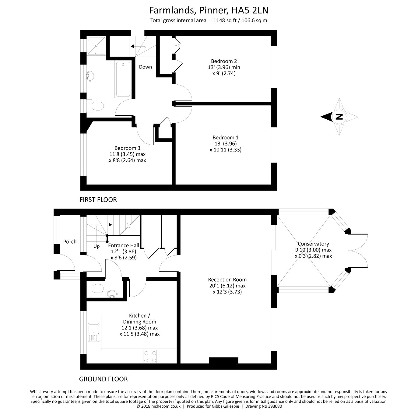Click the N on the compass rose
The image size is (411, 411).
click(x=339, y=117)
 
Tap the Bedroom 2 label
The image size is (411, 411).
click(x=224, y=61)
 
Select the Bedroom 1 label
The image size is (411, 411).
click(x=226, y=137)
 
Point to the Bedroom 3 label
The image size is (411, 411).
click(x=127, y=148)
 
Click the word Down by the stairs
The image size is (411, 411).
click(x=146, y=67)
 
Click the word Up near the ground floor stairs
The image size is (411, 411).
click(x=97, y=246)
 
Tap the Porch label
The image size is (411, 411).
click(x=70, y=241)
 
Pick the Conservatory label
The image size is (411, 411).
click(x=313, y=244)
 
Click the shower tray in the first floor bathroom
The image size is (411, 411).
click(x=96, y=46)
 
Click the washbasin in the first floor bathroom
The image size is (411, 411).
click(x=90, y=76)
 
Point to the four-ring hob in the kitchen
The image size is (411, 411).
click(x=150, y=357)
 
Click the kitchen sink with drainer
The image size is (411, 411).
click(x=94, y=332)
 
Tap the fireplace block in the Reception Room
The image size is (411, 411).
click(x=223, y=360)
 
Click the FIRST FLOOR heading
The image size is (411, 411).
click(x=98, y=200)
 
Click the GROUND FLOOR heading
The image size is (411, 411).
click(x=104, y=379)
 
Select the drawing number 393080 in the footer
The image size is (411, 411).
click(x=275, y=406)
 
